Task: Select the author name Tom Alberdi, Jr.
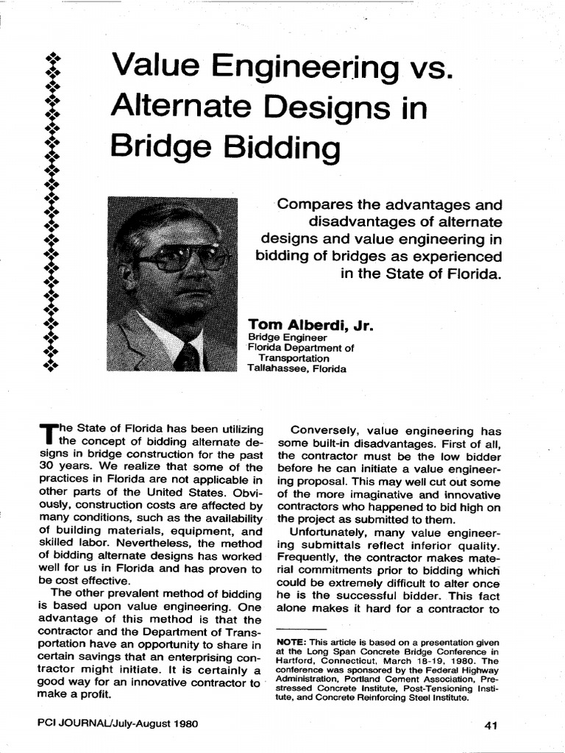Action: tap(312, 324)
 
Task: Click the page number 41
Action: tap(492, 725)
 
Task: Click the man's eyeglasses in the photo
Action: tap(182, 258)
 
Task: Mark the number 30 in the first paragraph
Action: tap(46, 468)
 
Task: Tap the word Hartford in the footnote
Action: tap(294, 660)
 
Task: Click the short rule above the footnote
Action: tap(302, 629)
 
